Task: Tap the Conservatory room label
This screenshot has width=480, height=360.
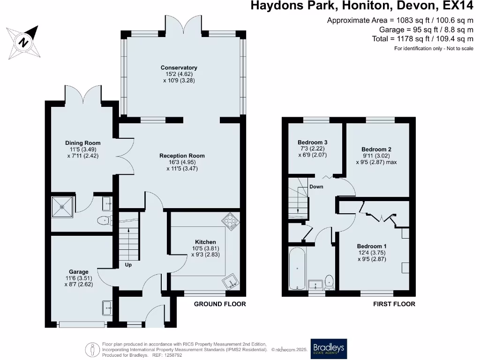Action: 179,67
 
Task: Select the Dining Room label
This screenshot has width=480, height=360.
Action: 82,143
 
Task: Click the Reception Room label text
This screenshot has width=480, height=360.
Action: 182,156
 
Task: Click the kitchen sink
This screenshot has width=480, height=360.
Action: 230,282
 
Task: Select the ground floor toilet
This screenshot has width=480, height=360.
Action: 103,221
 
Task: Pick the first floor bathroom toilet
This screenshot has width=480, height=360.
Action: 329,281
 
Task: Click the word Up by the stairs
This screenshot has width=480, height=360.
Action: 128,265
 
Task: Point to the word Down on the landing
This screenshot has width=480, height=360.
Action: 316,187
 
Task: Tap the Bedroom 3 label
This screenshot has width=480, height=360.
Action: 312,142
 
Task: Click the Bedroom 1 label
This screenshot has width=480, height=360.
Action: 372,246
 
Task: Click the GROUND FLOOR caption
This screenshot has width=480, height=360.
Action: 220,304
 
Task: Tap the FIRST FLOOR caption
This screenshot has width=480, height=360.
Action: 394,304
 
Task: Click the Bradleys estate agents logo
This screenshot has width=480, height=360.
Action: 328,348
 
